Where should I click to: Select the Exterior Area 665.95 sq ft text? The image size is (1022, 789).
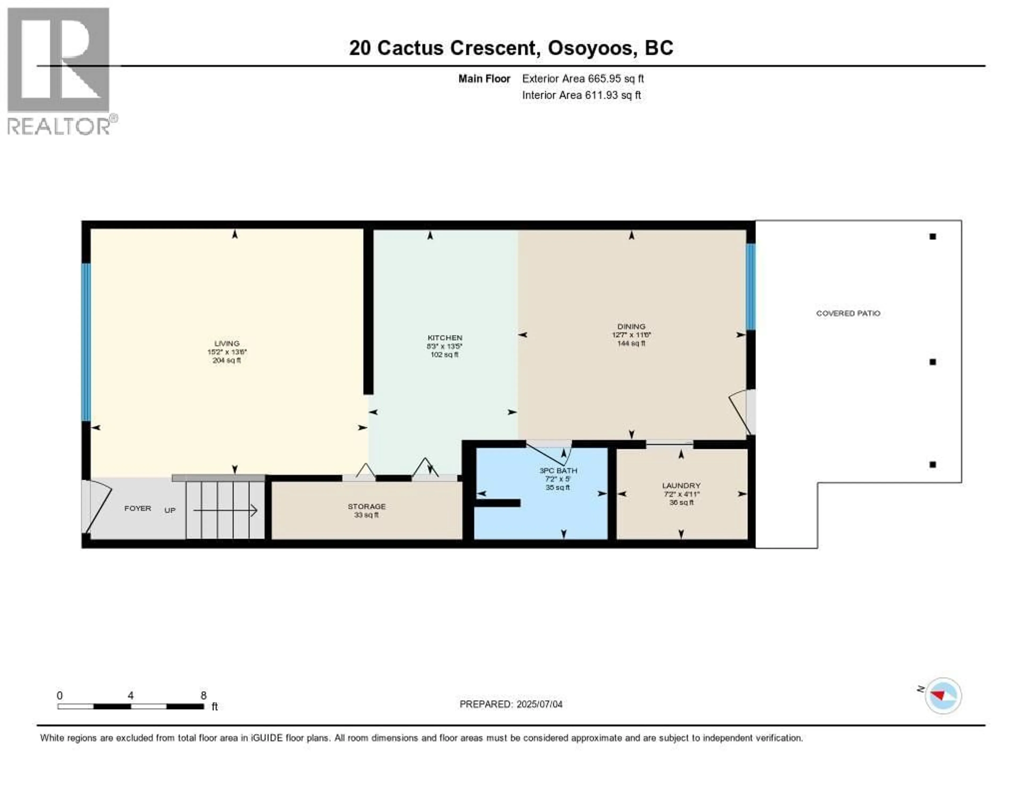pyautogui.click(x=583, y=78)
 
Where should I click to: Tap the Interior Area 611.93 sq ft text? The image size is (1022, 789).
pyautogui.click(x=581, y=95)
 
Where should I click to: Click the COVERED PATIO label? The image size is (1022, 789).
pyautogui.click(x=848, y=313)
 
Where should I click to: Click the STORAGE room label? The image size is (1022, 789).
pyautogui.click(x=366, y=506)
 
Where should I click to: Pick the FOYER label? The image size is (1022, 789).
pyautogui.click(x=138, y=508)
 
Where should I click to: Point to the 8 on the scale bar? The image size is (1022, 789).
pyautogui.click(x=204, y=695)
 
